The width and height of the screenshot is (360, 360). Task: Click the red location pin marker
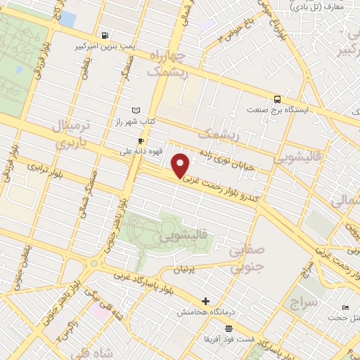point(181,166)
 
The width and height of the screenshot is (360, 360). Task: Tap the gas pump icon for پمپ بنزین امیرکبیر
point(105,35)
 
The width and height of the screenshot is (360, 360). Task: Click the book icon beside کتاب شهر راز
point(136,110)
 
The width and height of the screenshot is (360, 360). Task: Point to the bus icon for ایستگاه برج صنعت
point(278,99)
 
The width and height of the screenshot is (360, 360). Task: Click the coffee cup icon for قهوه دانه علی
point(141,141)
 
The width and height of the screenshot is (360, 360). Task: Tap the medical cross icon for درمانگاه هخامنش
point(205,301)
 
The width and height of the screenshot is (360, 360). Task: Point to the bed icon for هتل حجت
point(345,308)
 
